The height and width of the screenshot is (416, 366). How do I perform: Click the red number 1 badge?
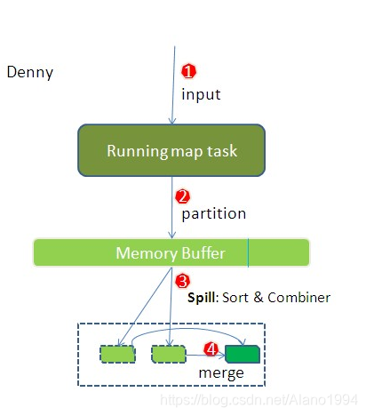click(188, 71)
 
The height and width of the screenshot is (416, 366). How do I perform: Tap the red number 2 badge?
click(182, 196)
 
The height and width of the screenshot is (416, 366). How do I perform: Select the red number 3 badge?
click(182, 281)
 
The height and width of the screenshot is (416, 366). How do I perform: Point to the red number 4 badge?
click(211, 349)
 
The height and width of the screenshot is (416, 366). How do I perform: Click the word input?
click(201, 95)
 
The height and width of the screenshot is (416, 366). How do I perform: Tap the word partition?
click(213, 214)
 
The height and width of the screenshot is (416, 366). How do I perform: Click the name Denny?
click(30, 73)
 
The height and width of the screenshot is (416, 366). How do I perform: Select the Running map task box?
click(171, 150)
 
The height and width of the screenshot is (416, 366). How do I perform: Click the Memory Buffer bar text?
click(171, 253)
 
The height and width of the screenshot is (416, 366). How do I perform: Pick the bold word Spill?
click(203, 298)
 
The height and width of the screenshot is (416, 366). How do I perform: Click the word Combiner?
click(298, 298)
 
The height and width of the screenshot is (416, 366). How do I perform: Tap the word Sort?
click(235, 298)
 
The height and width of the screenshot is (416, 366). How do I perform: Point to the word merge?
click(221, 373)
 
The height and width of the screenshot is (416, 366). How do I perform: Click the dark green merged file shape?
click(243, 354)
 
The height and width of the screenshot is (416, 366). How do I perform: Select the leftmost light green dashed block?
click(118, 354)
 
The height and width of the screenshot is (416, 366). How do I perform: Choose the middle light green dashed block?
click(169, 354)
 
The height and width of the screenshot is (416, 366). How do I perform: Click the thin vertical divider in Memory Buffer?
click(248, 252)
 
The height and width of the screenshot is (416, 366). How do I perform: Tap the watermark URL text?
click(259, 400)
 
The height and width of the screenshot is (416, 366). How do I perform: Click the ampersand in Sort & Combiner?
click(259, 298)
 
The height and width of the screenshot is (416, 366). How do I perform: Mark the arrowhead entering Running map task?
click(172, 121)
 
